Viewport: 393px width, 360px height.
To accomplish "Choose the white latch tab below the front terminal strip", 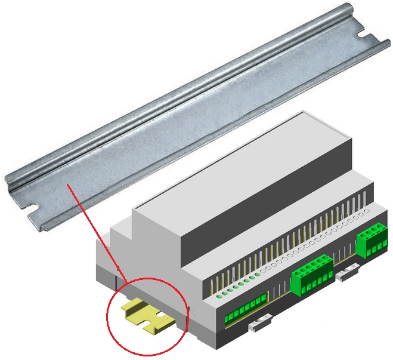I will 256,325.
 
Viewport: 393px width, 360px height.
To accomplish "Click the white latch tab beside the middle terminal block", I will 346,274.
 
